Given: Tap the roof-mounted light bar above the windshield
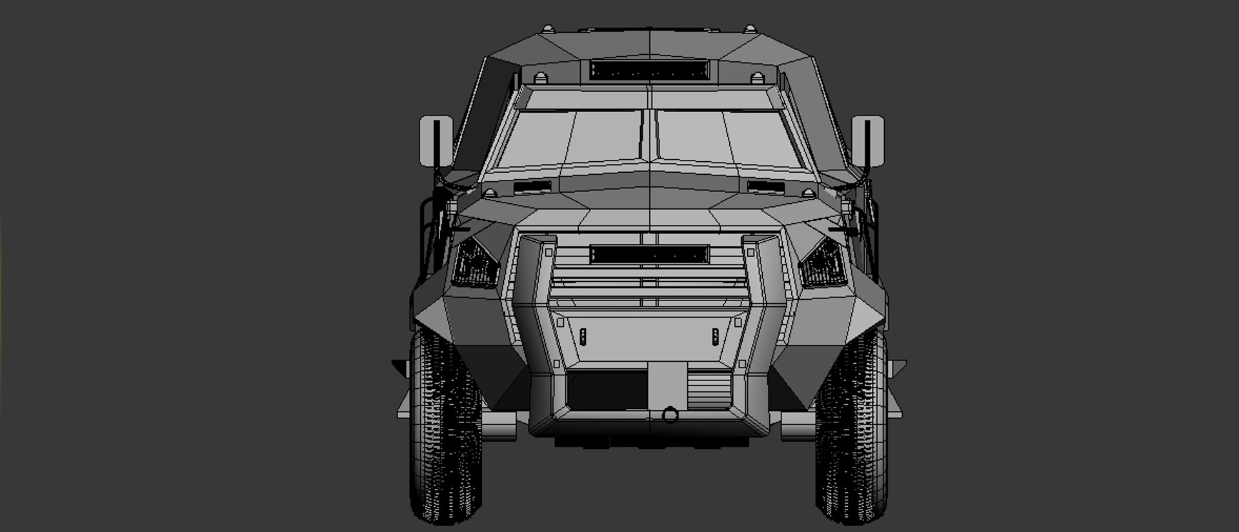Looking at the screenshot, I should (x=649, y=69).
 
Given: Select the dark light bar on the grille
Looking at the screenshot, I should (x=649, y=254).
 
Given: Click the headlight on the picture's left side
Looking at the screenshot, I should (x=476, y=263).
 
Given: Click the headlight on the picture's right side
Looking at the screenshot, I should (x=823, y=263).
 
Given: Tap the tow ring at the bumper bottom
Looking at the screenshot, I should (x=670, y=414).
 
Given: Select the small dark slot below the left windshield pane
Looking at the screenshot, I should (x=533, y=186).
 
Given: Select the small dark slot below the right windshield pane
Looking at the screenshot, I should (x=765, y=186).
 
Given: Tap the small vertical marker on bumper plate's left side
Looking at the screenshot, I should (x=583, y=336).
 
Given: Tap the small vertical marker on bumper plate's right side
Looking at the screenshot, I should (x=715, y=336).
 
